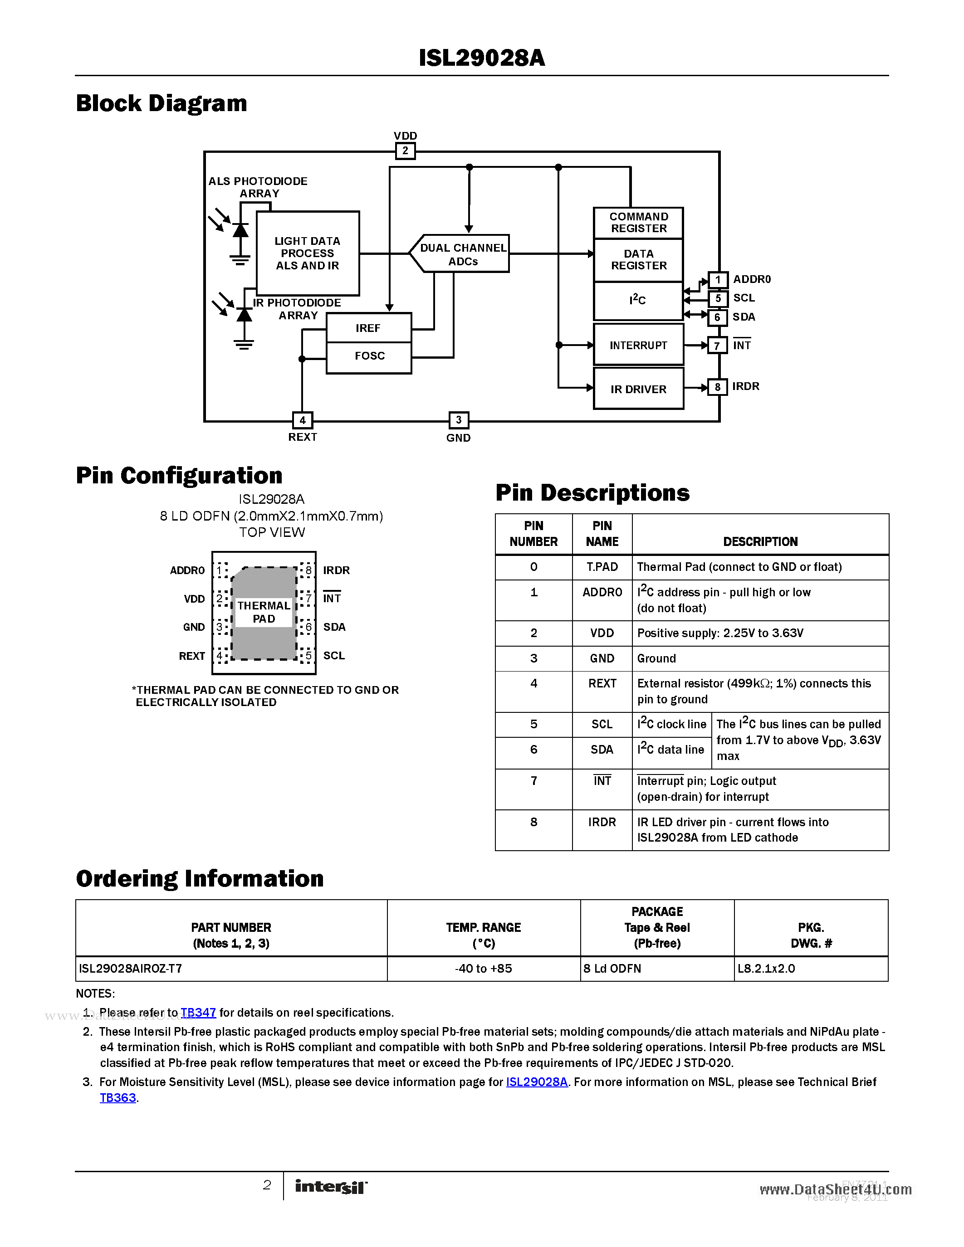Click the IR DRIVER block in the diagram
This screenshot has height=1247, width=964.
pos(638,389)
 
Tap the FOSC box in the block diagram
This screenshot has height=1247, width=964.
pos(369,356)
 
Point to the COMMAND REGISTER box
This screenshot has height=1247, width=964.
pos(638,223)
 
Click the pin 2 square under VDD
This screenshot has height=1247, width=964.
pos(405,151)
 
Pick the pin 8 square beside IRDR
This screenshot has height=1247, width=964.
pos(717,387)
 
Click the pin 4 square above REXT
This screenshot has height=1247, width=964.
pos(302,420)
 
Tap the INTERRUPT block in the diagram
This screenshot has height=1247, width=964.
pos(638,345)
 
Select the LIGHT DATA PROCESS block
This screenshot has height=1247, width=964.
pos(307,253)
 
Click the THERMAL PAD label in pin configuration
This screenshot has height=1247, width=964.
pos(264,612)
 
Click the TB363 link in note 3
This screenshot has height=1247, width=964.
pos(117,1098)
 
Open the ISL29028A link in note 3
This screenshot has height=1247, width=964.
pos(537,1082)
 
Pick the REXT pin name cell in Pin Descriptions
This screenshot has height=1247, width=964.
pos(602,683)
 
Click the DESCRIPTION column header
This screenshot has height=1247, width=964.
pos(760,541)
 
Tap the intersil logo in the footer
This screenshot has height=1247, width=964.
pos(331,1187)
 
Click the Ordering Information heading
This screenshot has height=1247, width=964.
pos(200,879)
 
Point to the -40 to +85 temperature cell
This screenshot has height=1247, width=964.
pos(483,969)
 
